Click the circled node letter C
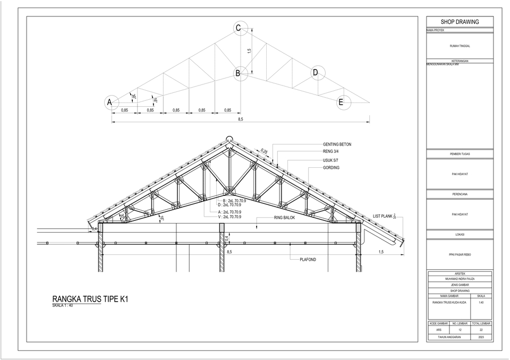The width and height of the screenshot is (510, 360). pyautogui.click(x=239, y=28)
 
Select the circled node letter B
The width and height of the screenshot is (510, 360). pyautogui.click(x=239, y=73)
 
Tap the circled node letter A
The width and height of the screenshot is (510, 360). pyautogui.click(x=110, y=102)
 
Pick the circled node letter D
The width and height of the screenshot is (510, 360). pyautogui.click(x=315, y=72)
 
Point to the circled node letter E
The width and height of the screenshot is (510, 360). pyautogui.click(x=341, y=102)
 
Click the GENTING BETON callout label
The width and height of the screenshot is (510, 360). pyautogui.click(x=337, y=144)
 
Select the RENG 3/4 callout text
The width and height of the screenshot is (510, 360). pyautogui.click(x=330, y=151)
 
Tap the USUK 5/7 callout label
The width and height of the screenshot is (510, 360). pyautogui.click(x=330, y=160)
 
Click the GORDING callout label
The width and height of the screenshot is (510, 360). pyautogui.click(x=331, y=168)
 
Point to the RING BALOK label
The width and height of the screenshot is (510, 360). pyautogui.click(x=285, y=218)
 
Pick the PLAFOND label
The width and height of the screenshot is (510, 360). pyautogui.click(x=308, y=260)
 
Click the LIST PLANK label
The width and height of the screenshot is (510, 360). pyautogui.click(x=382, y=216)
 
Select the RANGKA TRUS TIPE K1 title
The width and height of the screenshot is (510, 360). pyautogui.click(x=90, y=299)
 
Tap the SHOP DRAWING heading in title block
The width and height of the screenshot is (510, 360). pyautogui.click(x=460, y=22)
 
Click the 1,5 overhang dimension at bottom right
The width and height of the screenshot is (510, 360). pyautogui.click(x=381, y=252)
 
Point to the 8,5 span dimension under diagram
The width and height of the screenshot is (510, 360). pyautogui.click(x=240, y=119)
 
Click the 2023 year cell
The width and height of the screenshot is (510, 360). pyautogui.click(x=481, y=337)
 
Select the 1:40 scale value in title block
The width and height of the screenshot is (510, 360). pyautogui.click(x=481, y=302)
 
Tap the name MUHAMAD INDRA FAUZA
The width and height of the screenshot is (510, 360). pyautogui.click(x=460, y=279)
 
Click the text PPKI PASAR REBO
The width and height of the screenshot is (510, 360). pyautogui.click(x=460, y=254)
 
